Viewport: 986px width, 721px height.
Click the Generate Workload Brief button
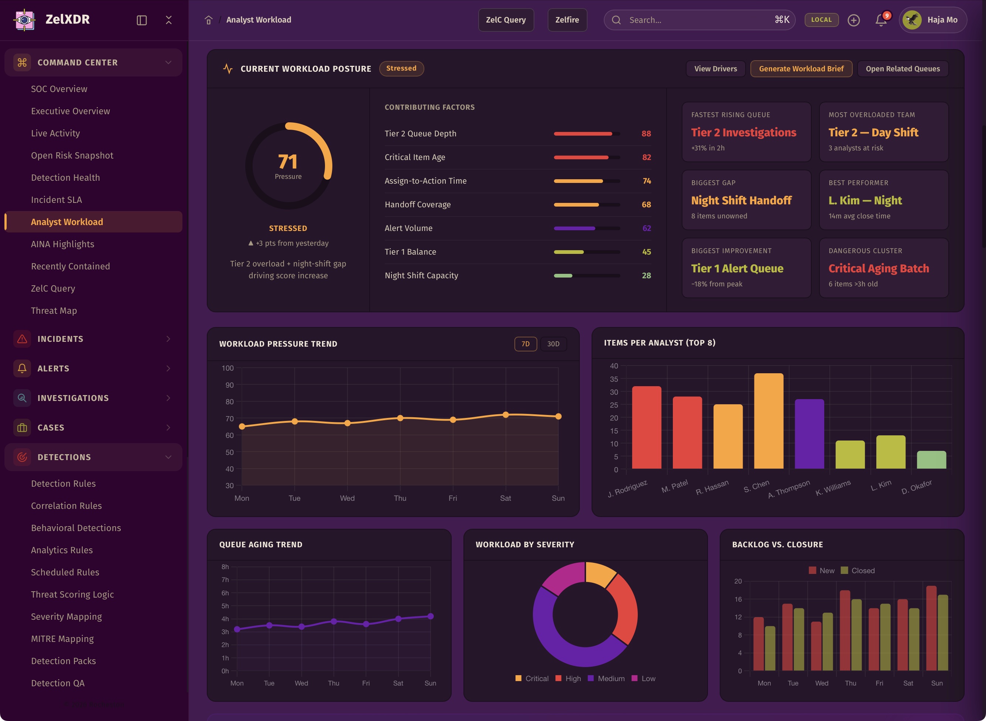click(801, 68)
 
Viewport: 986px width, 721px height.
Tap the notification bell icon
click(881, 20)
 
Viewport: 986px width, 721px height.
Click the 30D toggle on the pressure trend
click(553, 344)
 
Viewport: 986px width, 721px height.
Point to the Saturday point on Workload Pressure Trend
click(506, 415)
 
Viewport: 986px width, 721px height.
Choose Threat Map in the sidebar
click(54, 310)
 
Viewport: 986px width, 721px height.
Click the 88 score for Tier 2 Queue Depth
click(646, 133)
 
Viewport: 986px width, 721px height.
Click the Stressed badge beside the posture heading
click(401, 68)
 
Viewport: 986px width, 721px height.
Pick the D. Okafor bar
click(931, 460)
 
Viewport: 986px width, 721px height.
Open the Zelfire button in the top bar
click(567, 20)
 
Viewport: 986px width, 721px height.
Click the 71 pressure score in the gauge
click(288, 161)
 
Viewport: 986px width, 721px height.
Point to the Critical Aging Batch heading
click(878, 268)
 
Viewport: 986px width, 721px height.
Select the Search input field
click(698, 20)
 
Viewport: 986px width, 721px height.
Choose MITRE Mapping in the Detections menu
click(62, 639)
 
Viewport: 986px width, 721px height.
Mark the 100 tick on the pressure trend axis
click(227, 368)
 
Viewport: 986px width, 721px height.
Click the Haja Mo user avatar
click(912, 20)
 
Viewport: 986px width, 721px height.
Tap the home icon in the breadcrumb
click(208, 20)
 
